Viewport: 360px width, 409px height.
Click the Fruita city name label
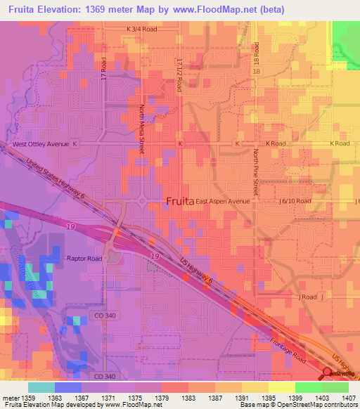(179, 201)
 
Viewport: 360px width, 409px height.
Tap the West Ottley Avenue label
(41, 144)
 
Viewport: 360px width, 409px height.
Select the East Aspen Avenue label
(223, 201)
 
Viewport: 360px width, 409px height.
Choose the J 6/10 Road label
(294, 201)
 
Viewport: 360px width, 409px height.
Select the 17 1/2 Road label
(180, 74)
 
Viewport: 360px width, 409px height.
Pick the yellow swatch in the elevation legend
(281, 387)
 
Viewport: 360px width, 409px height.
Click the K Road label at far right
(340, 143)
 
